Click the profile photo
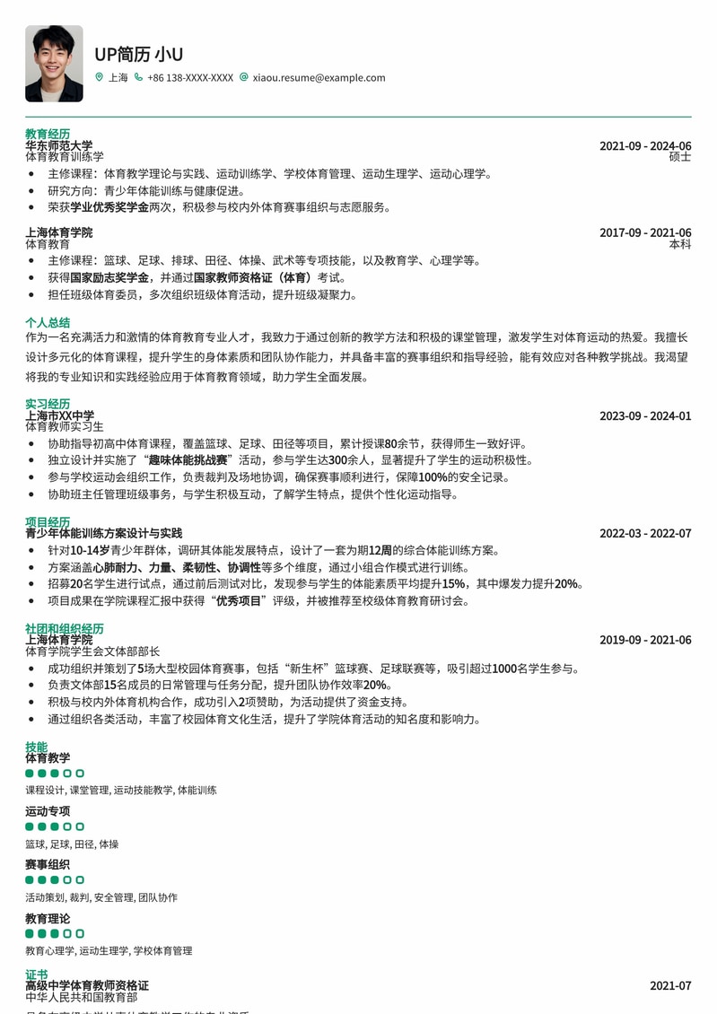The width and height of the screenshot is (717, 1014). (x=54, y=64)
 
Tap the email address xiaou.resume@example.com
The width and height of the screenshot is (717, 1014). (x=319, y=78)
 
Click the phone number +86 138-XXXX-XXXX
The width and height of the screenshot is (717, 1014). (x=190, y=78)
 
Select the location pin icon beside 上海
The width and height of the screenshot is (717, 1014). (x=100, y=78)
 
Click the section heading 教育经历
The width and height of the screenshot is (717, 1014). (x=48, y=134)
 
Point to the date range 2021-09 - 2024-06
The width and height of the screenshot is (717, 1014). (x=645, y=146)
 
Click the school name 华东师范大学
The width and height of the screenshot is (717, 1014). (x=58, y=145)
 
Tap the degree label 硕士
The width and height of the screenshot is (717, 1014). (x=680, y=157)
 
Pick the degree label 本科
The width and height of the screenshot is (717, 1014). (x=680, y=244)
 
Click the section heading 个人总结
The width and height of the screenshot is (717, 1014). (x=48, y=322)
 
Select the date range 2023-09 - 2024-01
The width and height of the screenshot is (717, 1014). (x=645, y=416)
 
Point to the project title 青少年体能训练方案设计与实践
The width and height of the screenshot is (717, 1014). (x=103, y=533)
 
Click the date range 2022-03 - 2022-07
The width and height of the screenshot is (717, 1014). (x=645, y=534)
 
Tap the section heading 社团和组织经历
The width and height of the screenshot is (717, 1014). (x=65, y=628)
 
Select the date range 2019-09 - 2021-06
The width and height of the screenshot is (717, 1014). (x=645, y=641)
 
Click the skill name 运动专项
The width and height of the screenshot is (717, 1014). (x=48, y=811)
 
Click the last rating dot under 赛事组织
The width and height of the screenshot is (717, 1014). (x=80, y=880)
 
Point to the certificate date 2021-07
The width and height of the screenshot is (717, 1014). (x=670, y=986)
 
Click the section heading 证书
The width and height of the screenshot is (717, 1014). (x=37, y=975)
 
